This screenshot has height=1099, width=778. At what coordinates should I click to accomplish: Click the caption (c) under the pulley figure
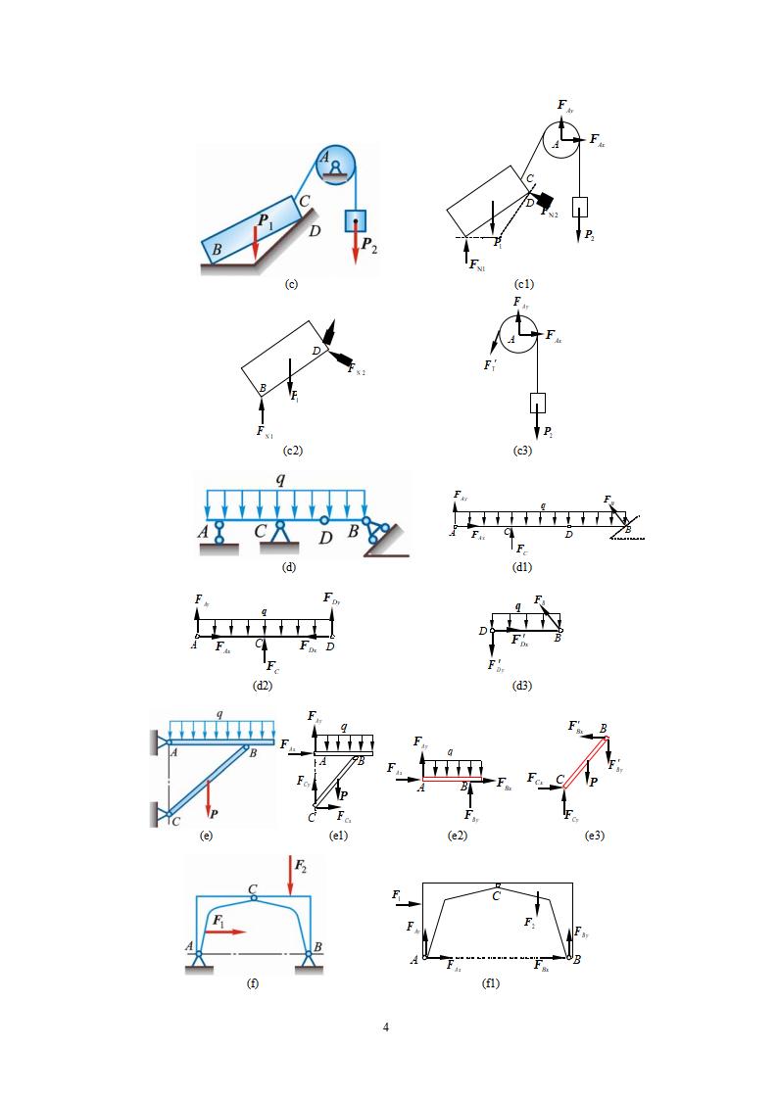click(x=291, y=284)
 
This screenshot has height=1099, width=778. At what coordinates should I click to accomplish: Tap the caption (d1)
click(x=522, y=567)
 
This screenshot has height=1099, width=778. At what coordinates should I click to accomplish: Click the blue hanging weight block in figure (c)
click(x=355, y=219)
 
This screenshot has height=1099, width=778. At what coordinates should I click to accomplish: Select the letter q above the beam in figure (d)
click(x=280, y=480)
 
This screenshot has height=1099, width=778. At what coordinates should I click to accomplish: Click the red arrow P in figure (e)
click(x=208, y=800)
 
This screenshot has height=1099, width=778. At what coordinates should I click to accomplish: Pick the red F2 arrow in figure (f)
click(x=291, y=875)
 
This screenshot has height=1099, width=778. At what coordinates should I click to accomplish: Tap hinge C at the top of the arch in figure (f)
click(x=254, y=896)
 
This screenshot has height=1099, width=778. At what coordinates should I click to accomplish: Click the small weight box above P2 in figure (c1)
click(x=580, y=206)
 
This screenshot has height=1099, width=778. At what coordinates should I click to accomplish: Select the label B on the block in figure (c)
click(x=217, y=250)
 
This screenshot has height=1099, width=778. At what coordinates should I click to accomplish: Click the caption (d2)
click(x=262, y=685)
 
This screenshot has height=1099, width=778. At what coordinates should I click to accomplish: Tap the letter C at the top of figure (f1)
click(x=497, y=895)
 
